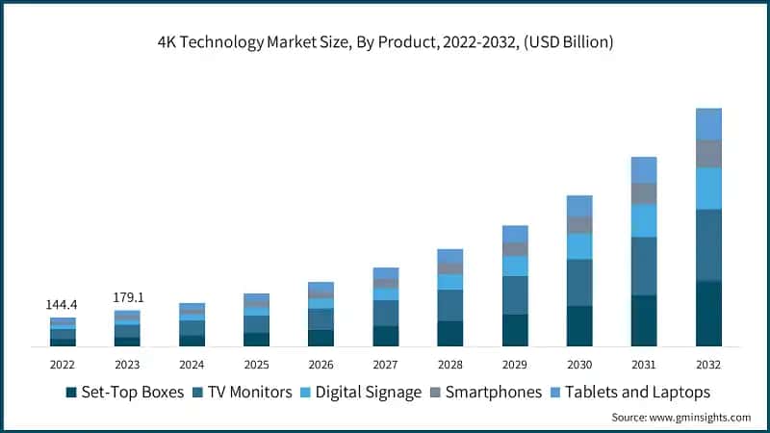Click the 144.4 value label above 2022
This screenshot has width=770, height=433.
63,305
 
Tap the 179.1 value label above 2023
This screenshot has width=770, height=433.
127,297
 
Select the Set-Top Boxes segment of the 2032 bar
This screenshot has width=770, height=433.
708,313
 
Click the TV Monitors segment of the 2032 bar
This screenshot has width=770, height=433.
708,244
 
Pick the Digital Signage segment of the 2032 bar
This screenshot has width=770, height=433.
708,189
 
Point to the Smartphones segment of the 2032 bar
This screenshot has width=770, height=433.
708,154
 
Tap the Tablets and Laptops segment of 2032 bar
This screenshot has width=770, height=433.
708,124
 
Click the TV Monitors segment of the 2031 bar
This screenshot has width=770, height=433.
644,267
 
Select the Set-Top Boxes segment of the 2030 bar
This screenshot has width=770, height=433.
579,326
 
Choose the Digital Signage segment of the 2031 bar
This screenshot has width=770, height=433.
644,220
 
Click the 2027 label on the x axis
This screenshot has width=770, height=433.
385,365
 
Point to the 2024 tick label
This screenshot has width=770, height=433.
192,365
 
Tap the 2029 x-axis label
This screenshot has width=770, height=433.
515,365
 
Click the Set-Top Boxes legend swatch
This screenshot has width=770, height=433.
71,393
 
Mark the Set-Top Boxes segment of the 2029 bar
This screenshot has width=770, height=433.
515,330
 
